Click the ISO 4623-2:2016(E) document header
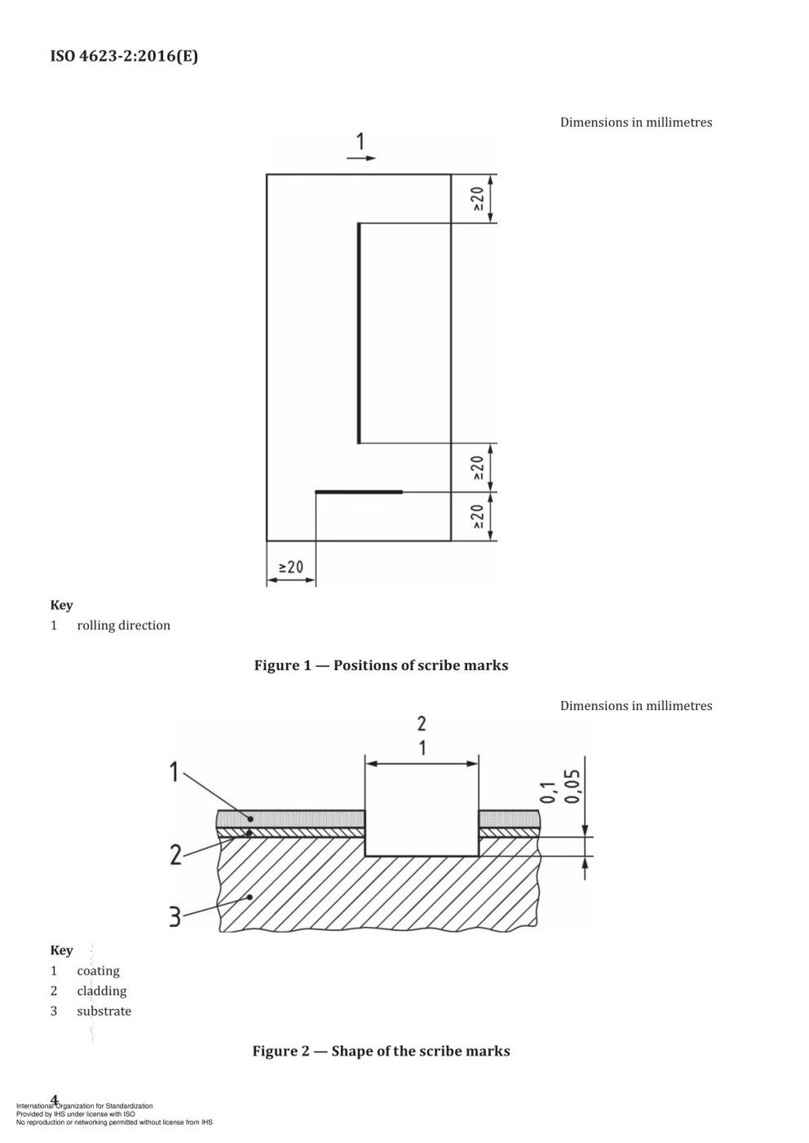pyautogui.click(x=124, y=56)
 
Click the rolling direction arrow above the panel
pyautogui.click(x=361, y=158)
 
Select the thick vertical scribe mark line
pyautogui.click(x=359, y=333)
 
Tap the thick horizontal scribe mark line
pyautogui.click(x=359, y=492)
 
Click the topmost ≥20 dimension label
pyautogui.click(x=477, y=199)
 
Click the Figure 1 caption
pyautogui.click(x=382, y=665)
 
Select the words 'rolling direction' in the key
pyautogui.click(x=123, y=626)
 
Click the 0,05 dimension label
pyautogui.click(x=572, y=786)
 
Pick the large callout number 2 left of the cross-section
pyautogui.click(x=176, y=855)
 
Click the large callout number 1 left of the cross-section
pyautogui.click(x=174, y=771)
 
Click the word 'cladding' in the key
pyautogui.click(x=102, y=991)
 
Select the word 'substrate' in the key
pyautogui.click(x=104, y=1012)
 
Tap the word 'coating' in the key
pyautogui.click(x=98, y=971)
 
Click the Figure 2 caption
pyautogui.click(x=382, y=1051)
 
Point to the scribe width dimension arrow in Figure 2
pyautogui.click(x=422, y=764)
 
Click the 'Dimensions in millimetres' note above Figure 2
pyautogui.click(x=636, y=706)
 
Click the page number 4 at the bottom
pyautogui.click(x=55, y=1100)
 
